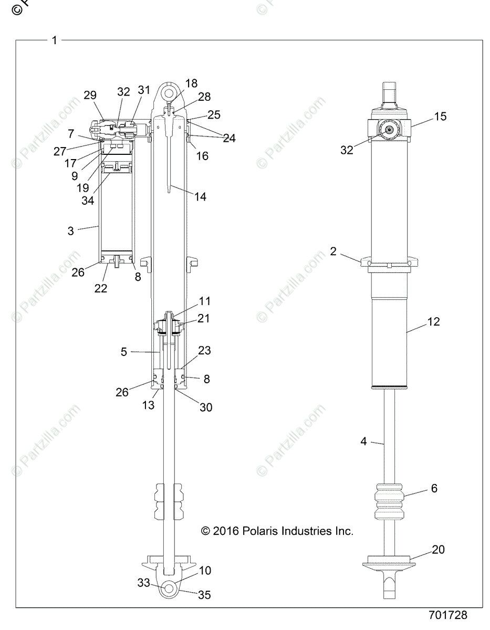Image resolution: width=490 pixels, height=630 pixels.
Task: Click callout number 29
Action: pyautogui.click(x=90, y=95)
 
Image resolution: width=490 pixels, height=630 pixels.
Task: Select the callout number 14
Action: pyautogui.click(x=200, y=197)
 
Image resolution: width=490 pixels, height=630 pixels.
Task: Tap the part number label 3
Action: pyautogui.click(x=70, y=230)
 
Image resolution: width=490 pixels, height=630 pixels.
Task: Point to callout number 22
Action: pyautogui.click(x=101, y=288)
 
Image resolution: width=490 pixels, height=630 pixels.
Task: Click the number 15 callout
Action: pyautogui.click(x=440, y=116)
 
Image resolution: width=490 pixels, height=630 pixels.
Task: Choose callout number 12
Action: pyautogui.click(x=433, y=321)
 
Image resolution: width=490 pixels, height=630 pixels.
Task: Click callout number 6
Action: pyautogui.click(x=434, y=488)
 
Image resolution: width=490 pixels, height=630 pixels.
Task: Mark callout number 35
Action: pyautogui.click(x=204, y=595)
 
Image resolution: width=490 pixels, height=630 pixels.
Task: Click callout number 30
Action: pyautogui.click(x=206, y=406)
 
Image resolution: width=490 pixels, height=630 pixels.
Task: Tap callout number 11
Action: pyautogui.click(x=205, y=301)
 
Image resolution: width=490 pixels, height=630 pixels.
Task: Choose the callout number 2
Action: pyautogui.click(x=333, y=251)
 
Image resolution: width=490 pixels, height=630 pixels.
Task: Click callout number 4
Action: pyautogui.click(x=363, y=442)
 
